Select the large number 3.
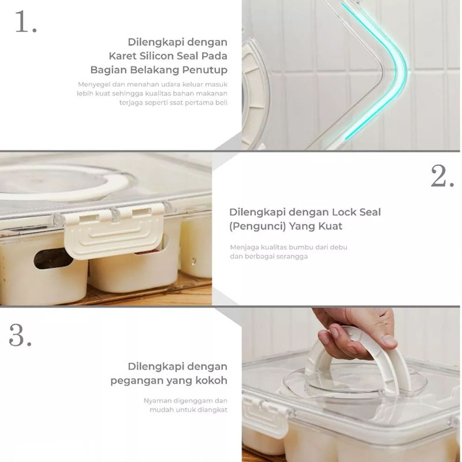coord(20,335)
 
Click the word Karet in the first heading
coord(122,55)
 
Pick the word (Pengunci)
coord(257,226)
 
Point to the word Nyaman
coord(157,401)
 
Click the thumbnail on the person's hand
coord(388,341)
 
